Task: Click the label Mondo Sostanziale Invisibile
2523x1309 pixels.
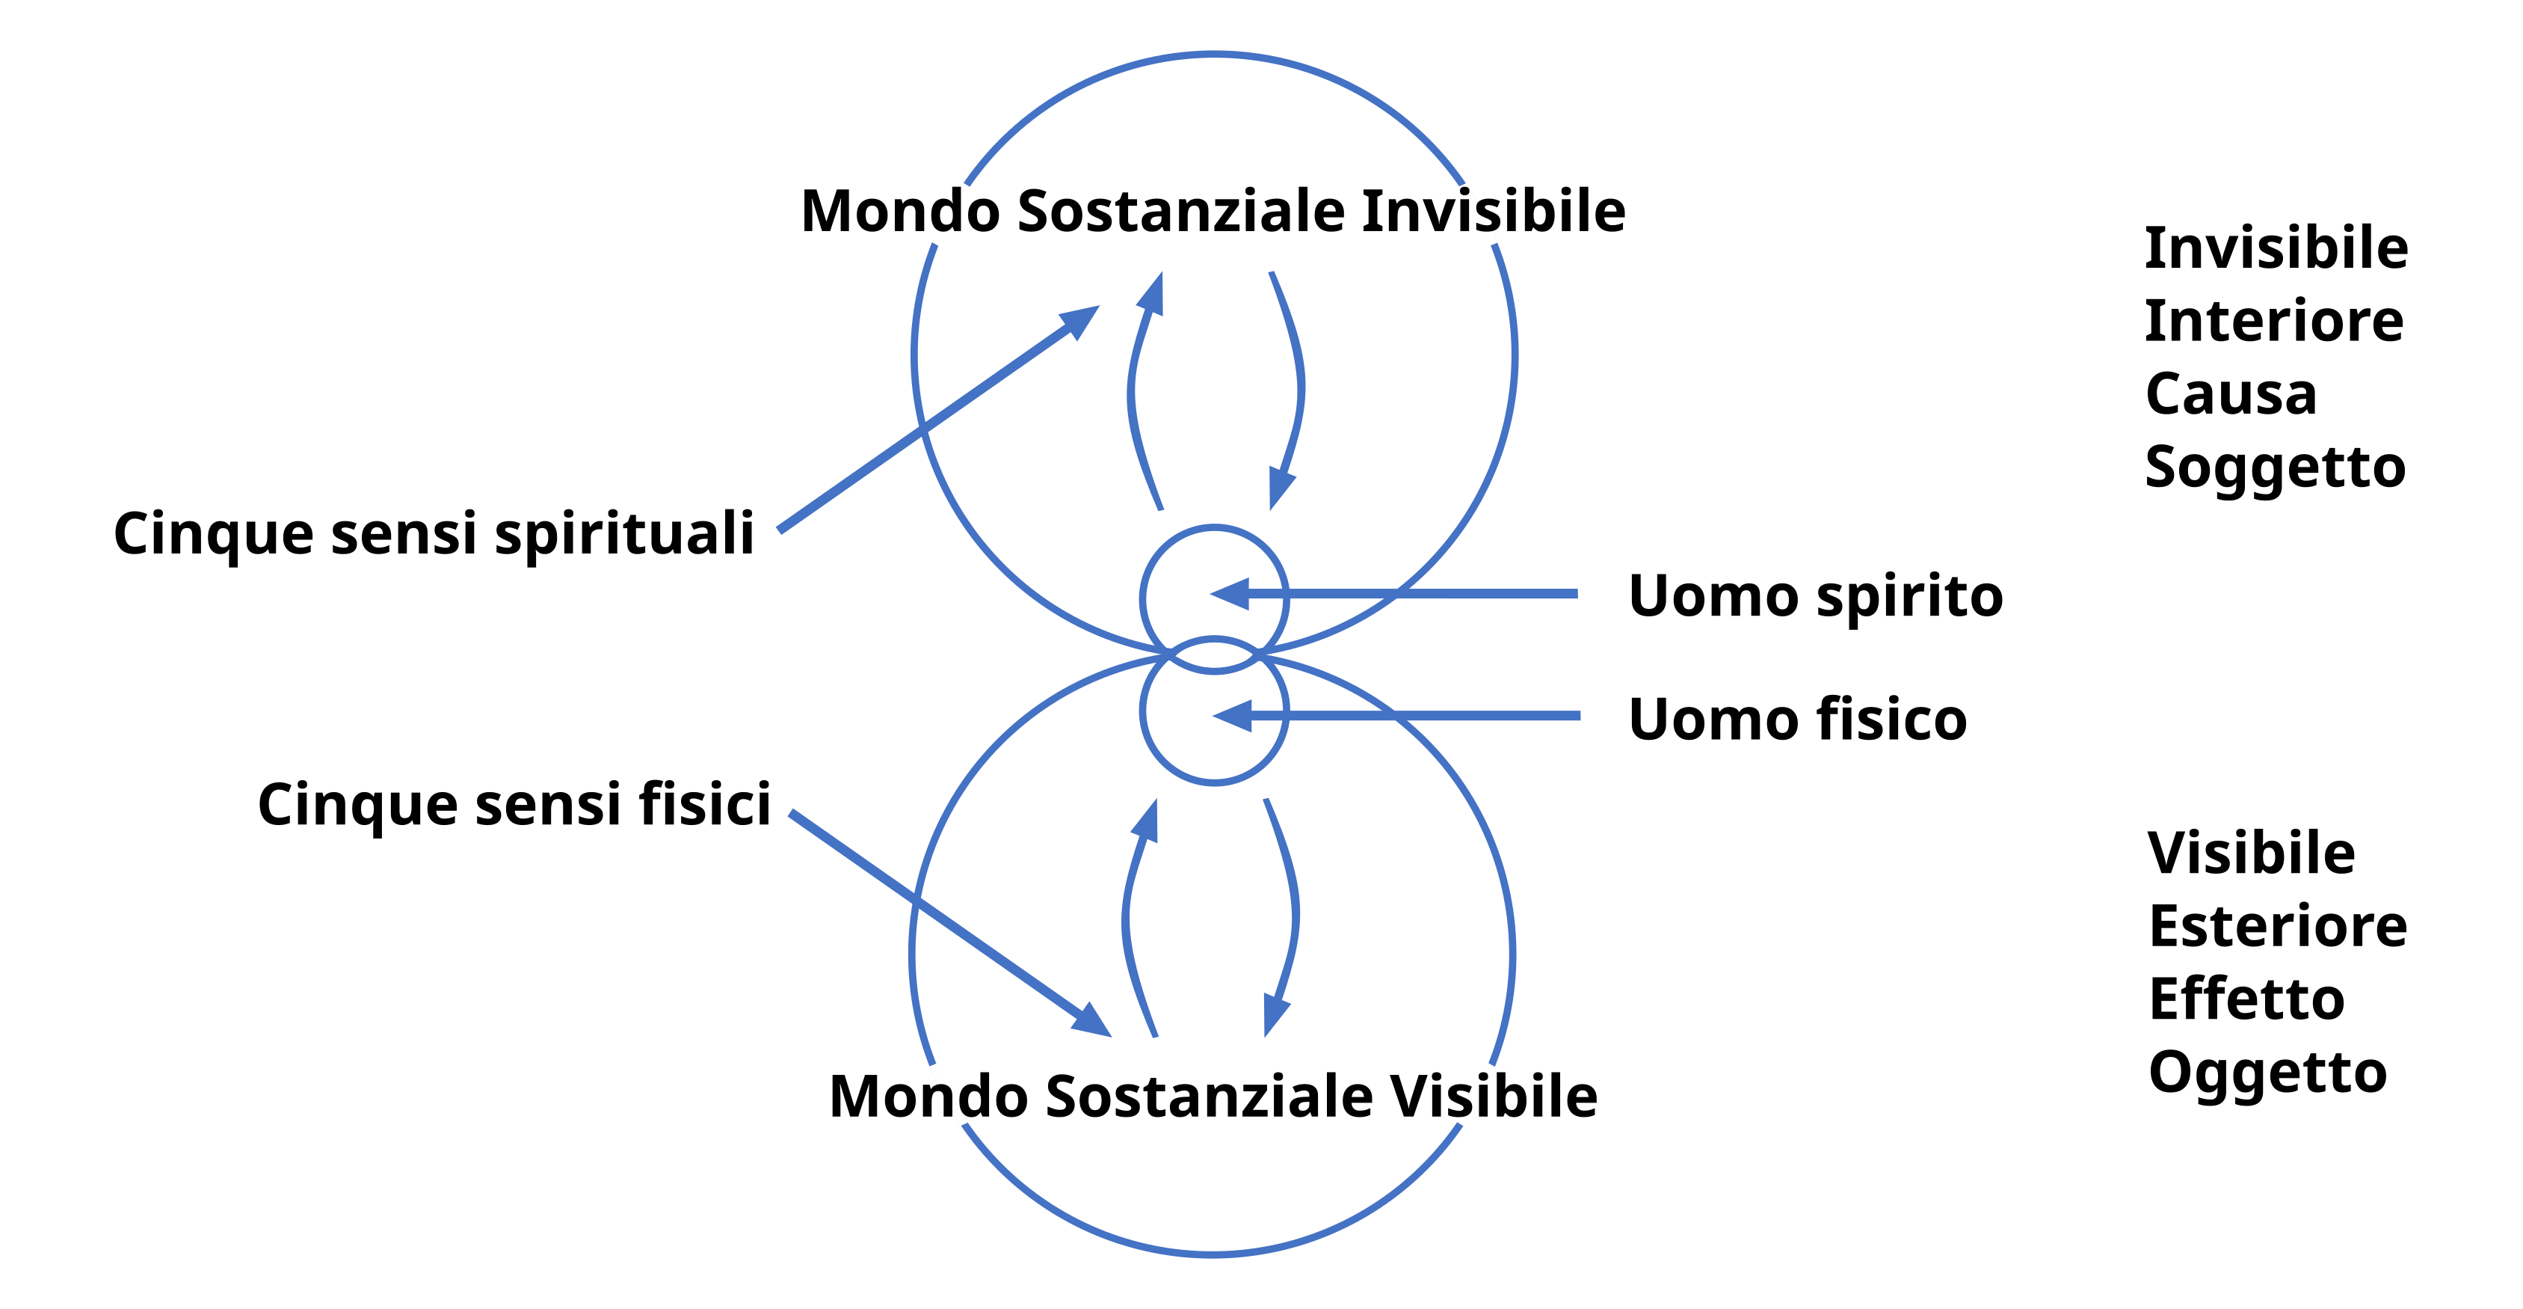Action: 1213,212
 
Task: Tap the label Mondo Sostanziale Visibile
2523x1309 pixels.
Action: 1213,1097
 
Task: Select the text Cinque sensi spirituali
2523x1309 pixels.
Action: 434,535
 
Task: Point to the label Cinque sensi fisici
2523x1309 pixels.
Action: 514,806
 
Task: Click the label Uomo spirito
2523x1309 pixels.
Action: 1815,597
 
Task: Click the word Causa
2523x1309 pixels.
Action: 2230,395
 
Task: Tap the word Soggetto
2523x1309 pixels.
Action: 2274,468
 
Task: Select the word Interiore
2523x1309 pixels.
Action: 2273,322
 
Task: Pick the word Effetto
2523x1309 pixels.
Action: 2246,999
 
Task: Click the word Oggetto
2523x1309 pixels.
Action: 2267,1073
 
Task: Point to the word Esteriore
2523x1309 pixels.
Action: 2277,927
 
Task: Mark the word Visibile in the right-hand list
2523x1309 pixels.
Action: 2251,853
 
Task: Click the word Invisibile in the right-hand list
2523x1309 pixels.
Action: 2276,248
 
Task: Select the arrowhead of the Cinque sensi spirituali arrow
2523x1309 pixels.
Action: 1081,319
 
